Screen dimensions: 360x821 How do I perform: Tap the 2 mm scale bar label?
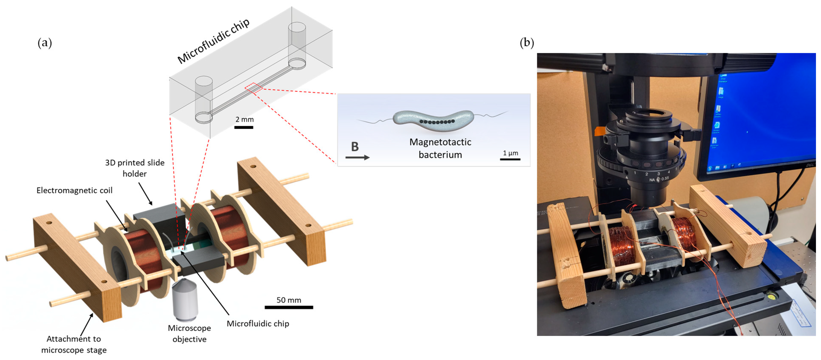244,119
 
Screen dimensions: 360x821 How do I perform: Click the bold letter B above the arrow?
355,147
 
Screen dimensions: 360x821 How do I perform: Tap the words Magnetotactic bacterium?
440,148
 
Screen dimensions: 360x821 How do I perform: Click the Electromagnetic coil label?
74,190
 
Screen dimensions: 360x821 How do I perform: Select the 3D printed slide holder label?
135,168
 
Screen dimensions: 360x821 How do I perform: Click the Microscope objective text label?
189,333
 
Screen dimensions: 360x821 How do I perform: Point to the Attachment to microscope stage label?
74,344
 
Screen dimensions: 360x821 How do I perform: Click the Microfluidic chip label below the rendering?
258,323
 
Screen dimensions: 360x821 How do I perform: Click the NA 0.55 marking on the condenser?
659,179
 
